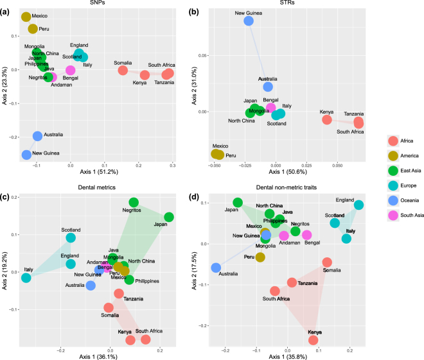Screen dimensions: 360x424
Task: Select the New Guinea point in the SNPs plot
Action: click(x=26, y=155)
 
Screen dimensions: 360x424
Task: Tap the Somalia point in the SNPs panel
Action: click(x=123, y=70)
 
